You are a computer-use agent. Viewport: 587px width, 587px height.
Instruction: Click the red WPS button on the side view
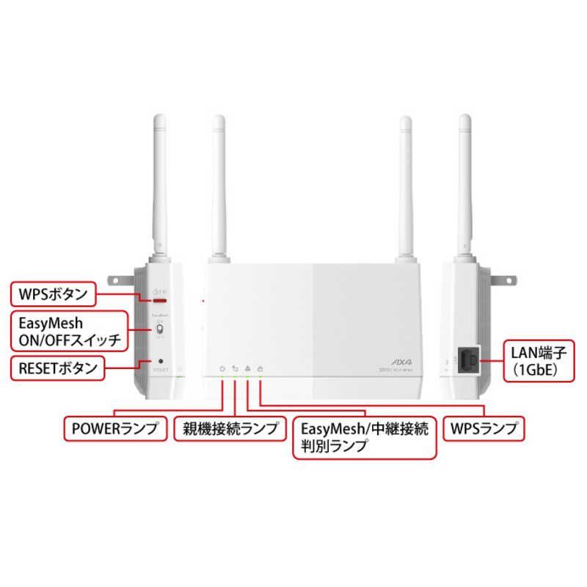pyautogui.click(x=158, y=300)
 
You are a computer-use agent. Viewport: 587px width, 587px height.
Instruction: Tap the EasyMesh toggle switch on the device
pyautogui.click(x=158, y=332)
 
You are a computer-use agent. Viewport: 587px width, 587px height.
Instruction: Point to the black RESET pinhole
pyautogui.click(x=160, y=361)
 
